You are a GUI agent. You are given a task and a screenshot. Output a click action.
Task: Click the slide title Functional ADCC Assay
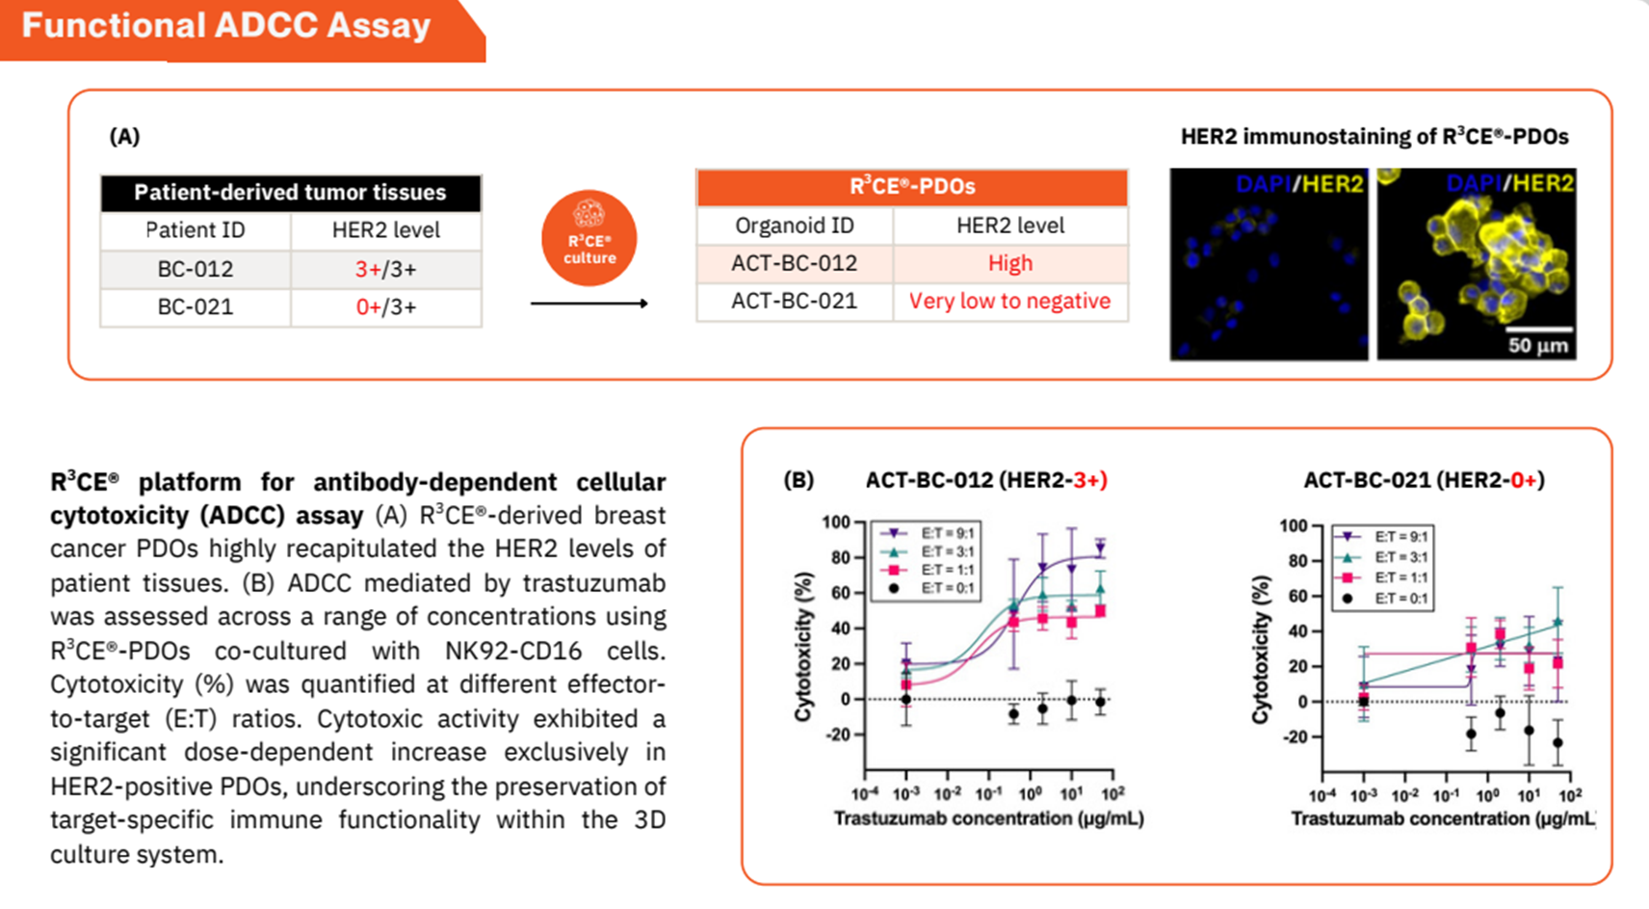click(226, 25)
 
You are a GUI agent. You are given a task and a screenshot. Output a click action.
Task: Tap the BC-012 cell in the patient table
click(196, 269)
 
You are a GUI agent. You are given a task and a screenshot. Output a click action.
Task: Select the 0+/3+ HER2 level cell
click(385, 307)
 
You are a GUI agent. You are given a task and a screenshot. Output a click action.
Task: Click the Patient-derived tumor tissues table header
click(291, 193)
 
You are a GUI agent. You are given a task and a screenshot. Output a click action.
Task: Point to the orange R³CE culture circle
click(589, 238)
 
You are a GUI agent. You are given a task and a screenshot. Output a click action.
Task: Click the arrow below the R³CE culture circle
click(589, 303)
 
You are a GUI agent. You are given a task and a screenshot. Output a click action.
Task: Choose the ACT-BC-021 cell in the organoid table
click(795, 302)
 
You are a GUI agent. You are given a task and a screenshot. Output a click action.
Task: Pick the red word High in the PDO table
click(1010, 263)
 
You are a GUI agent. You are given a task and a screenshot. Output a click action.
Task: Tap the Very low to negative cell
click(1010, 302)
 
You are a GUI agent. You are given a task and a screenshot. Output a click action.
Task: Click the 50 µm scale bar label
click(1538, 345)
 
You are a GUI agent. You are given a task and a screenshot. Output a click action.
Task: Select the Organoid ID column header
click(795, 226)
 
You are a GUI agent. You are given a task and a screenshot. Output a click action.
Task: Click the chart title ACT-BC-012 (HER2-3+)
click(986, 480)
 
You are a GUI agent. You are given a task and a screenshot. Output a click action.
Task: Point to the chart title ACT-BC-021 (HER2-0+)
click(1424, 480)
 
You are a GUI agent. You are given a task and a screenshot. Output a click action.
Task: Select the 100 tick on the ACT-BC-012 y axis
click(835, 522)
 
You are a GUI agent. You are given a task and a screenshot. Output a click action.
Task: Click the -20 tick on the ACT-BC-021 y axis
click(1295, 736)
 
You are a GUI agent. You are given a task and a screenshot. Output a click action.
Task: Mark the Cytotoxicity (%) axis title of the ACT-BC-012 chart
click(803, 646)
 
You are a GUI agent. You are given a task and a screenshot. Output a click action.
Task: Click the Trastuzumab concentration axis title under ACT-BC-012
click(988, 818)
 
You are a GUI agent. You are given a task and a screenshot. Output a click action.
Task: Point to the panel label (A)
click(124, 136)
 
